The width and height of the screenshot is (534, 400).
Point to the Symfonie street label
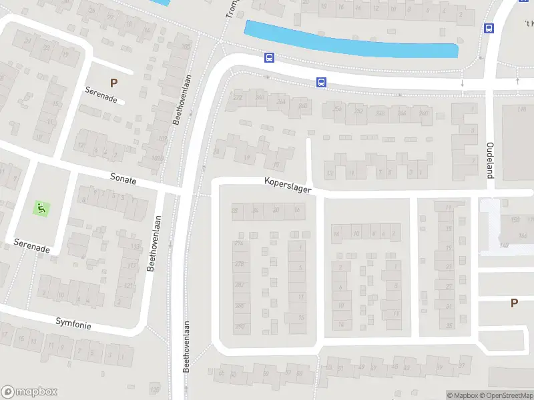pyautogui.click(x=73, y=323)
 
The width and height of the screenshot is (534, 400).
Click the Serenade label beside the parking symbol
pyautogui.click(x=101, y=95)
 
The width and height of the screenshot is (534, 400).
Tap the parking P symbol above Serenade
pyautogui.click(x=113, y=83)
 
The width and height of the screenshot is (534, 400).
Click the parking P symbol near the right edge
pyautogui.click(x=514, y=303)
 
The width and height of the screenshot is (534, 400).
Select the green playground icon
pyautogui.click(x=41, y=208)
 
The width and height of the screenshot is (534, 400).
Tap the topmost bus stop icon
pyautogui.click(x=489, y=28)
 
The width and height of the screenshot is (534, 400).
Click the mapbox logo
pyautogui.click(x=29, y=392)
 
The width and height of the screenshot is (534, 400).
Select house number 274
pyautogui.click(x=240, y=243)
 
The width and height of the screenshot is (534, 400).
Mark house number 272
pyautogui.click(x=238, y=98)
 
